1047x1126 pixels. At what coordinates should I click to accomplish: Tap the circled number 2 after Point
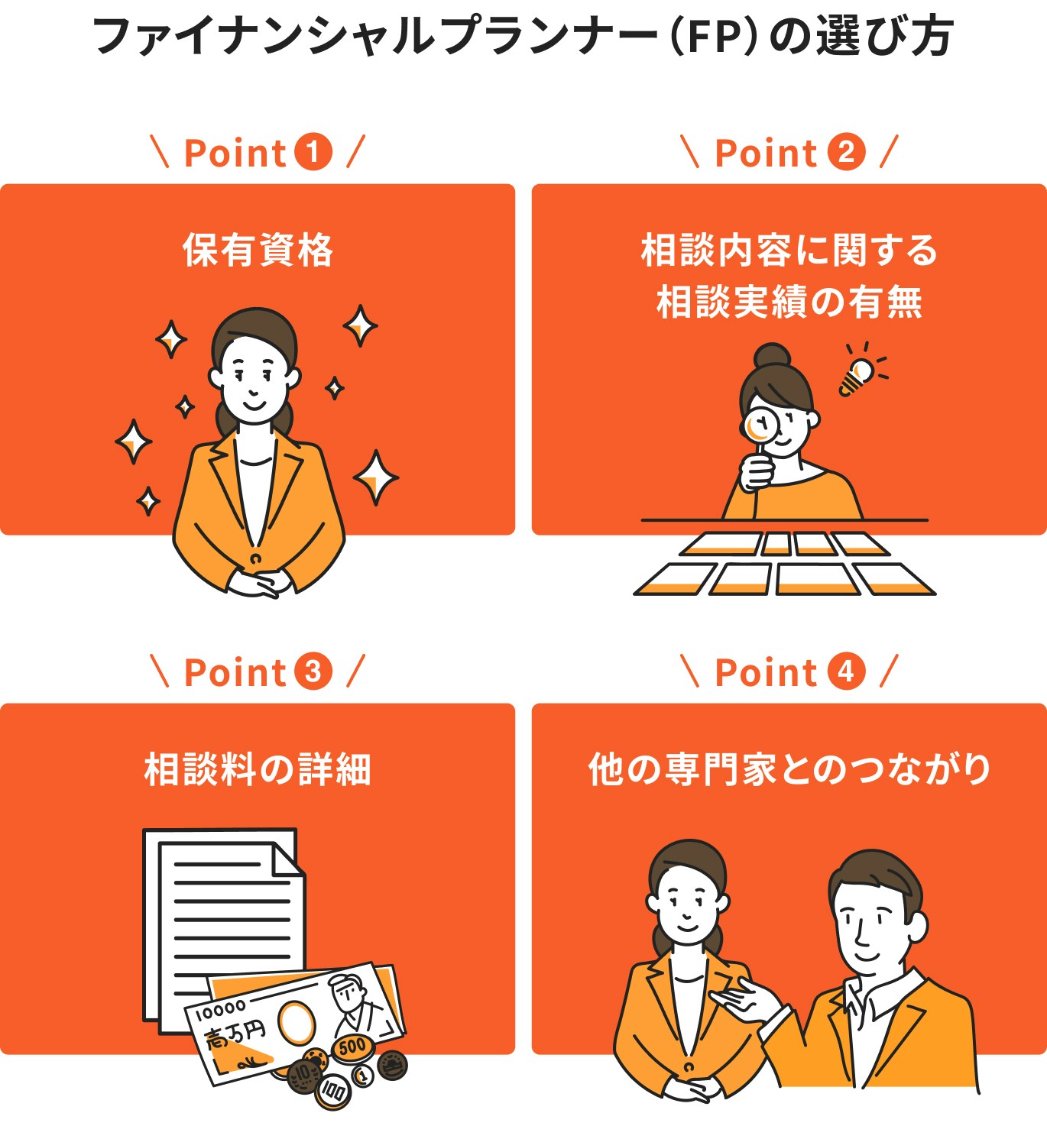pyautogui.click(x=846, y=151)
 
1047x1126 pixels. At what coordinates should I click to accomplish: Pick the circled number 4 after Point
pyautogui.click(x=846, y=671)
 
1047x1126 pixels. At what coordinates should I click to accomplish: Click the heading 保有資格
pyautogui.click(x=258, y=250)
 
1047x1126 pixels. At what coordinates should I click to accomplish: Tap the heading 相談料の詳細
pyautogui.click(x=258, y=769)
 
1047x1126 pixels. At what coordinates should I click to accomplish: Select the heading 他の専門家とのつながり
pyautogui.click(x=789, y=769)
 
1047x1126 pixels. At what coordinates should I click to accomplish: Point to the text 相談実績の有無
pyautogui.click(x=789, y=302)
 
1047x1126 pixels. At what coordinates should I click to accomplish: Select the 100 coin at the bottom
pyautogui.click(x=332, y=1091)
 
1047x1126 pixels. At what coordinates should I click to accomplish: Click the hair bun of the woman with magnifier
pyautogui.click(x=771, y=356)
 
